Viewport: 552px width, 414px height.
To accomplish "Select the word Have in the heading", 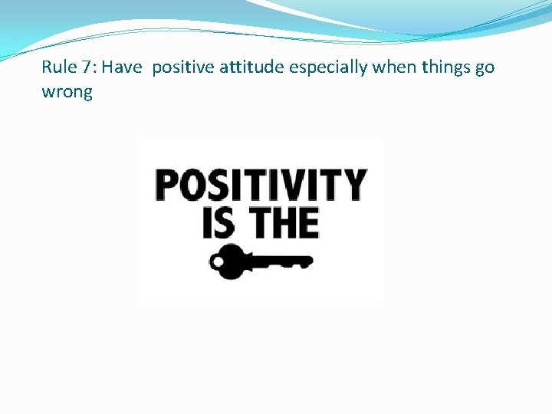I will [x=122, y=67].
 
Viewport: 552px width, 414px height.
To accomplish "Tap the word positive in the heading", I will [x=184, y=68].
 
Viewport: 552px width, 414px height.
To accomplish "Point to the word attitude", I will [x=252, y=67].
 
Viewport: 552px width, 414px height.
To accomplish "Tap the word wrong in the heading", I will [x=67, y=94].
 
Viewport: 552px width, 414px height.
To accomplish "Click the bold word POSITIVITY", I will [x=260, y=185].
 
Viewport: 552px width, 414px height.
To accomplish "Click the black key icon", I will [x=260, y=262].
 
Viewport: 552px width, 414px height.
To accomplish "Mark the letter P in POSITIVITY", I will [x=166, y=185].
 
